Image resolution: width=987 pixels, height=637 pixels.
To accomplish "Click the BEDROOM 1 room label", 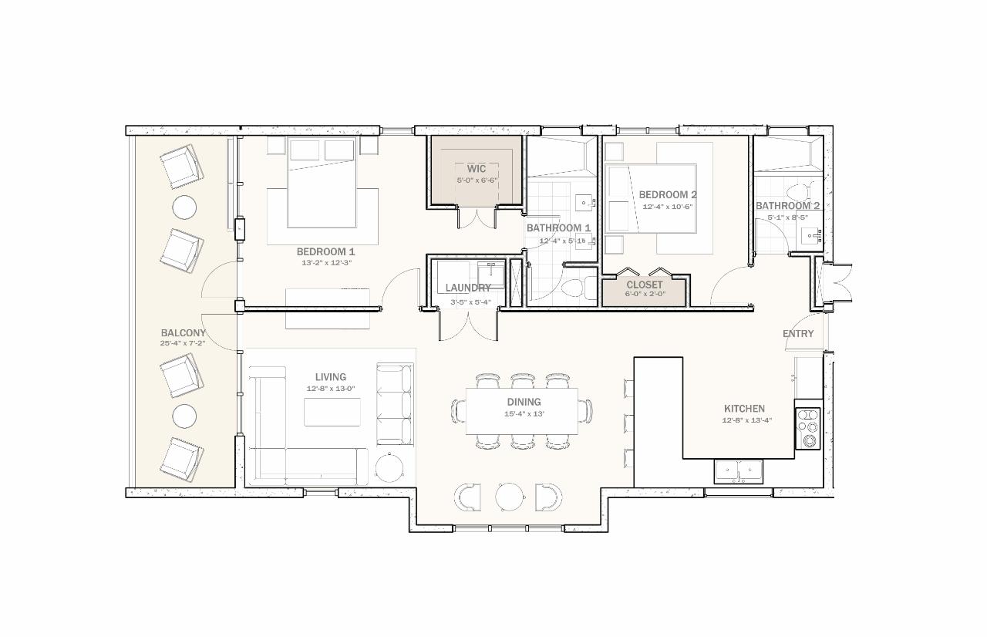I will coord(325,251).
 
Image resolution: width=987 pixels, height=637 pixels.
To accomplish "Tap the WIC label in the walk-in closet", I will coord(476,169).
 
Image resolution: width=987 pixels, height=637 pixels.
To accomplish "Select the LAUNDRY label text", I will coord(467,288).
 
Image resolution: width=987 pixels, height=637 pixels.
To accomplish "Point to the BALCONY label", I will coord(183,333).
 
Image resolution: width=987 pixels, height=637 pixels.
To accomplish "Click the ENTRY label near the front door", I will coord(797,334).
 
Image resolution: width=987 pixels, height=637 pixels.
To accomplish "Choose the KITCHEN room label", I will coord(744,409).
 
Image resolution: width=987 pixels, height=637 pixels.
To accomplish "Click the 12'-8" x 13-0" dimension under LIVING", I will coord(330,389).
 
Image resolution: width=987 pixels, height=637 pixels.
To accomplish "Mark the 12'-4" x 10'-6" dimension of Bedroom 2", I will coord(668,207).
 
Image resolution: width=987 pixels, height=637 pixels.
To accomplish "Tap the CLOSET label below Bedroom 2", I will coord(644,285).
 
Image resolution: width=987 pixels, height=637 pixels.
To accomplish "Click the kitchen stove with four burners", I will coord(808,429).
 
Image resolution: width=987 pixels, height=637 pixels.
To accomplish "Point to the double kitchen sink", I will coord(738,470).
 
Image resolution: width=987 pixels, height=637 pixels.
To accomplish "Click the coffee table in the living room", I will coord(332,413).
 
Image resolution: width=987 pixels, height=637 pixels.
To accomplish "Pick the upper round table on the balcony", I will coord(184,207).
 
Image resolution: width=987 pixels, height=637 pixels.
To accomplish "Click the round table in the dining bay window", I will coord(509,497).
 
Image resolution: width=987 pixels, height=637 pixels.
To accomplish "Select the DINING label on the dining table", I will coord(524,402).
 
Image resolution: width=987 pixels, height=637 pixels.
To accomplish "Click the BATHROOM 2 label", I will coord(787,206).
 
